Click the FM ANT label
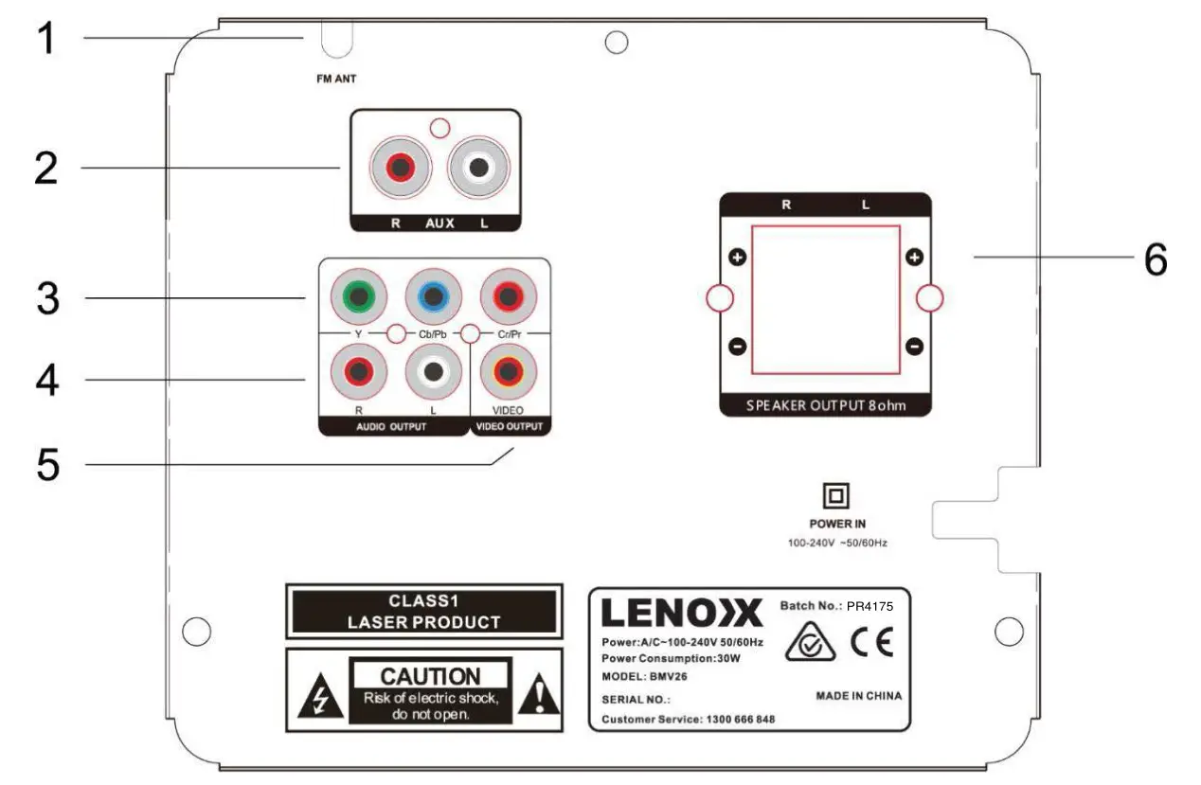pyautogui.click(x=336, y=80)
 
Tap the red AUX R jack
pyautogui.click(x=399, y=169)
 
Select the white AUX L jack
pyautogui.click(x=476, y=169)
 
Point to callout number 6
pyautogui.click(x=1155, y=259)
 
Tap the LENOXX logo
pyautogui.click(x=681, y=614)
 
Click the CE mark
pyautogui.click(x=870, y=643)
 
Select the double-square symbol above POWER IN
pyautogui.click(x=837, y=495)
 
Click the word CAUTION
pyautogui.click(x=430, y=676)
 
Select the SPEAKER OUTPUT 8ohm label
pyautogui.click(x=824, y=405)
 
